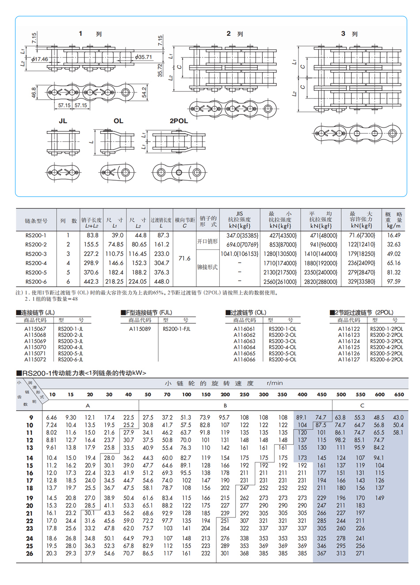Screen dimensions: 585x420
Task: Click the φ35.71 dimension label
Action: (144, 57)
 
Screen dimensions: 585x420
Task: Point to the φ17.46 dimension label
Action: (39, 59)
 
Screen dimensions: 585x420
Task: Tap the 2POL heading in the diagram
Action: (179, 121)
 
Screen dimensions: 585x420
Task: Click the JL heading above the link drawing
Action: (63, 121)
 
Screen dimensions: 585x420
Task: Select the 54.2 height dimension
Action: (144, 92)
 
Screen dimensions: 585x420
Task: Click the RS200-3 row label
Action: (36, 254)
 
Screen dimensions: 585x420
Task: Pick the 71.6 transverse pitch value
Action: (184, 258)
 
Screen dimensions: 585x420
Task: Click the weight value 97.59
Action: (393, 281)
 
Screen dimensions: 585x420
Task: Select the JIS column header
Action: (239, 214)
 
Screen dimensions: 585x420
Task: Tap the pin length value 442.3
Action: (91, 281)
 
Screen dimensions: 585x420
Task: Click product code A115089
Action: (140, 329)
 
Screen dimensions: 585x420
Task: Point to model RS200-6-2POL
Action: (386, 359)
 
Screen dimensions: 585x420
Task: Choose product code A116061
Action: (244, 329)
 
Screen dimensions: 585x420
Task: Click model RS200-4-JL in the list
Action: (70, 347)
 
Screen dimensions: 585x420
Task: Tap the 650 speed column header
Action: (399, 394)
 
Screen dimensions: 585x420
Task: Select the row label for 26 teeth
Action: (30, 553)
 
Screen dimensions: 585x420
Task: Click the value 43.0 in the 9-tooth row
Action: (398, 417)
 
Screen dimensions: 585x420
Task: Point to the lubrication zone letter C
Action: (362, 405)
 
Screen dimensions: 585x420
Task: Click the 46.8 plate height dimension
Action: (34, 92)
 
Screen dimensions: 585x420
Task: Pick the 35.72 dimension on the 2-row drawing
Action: (160, 70)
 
